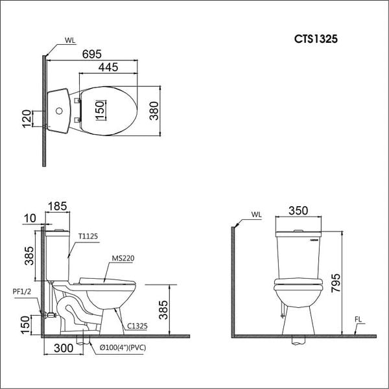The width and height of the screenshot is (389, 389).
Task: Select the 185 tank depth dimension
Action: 57,207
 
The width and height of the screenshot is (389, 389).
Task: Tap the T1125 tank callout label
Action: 88,237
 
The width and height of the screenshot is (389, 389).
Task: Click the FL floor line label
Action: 361,319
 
